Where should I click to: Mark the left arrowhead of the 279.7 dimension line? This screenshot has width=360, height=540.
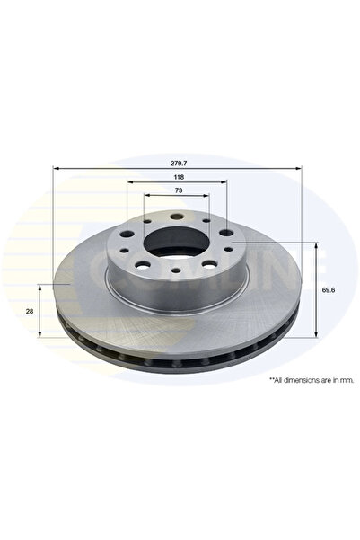pos(57,168)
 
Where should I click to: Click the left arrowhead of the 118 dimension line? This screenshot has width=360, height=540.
pos(128,185)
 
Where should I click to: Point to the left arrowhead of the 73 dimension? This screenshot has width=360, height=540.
pos(146,199)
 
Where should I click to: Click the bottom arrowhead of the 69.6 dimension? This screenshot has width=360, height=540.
pos(316,333)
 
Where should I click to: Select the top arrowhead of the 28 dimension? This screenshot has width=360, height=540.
pos(41,286)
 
